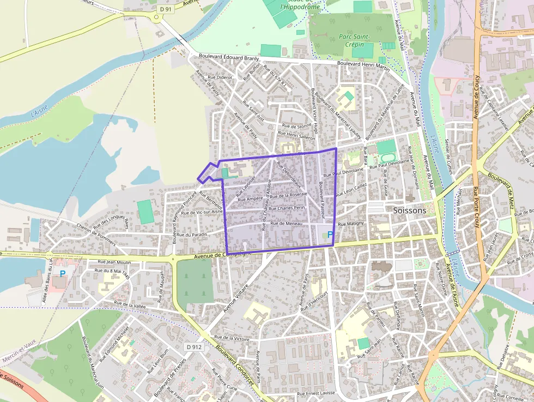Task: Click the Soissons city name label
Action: [409, 210]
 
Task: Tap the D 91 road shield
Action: [166, 9]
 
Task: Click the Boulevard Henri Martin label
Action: [363, 64]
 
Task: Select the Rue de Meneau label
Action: [286, 223]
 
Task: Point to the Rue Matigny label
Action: [350, 224]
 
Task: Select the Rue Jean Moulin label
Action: [112, 262]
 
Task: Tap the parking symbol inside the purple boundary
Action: [330, 235]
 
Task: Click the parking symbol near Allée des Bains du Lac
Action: [63, 273]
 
